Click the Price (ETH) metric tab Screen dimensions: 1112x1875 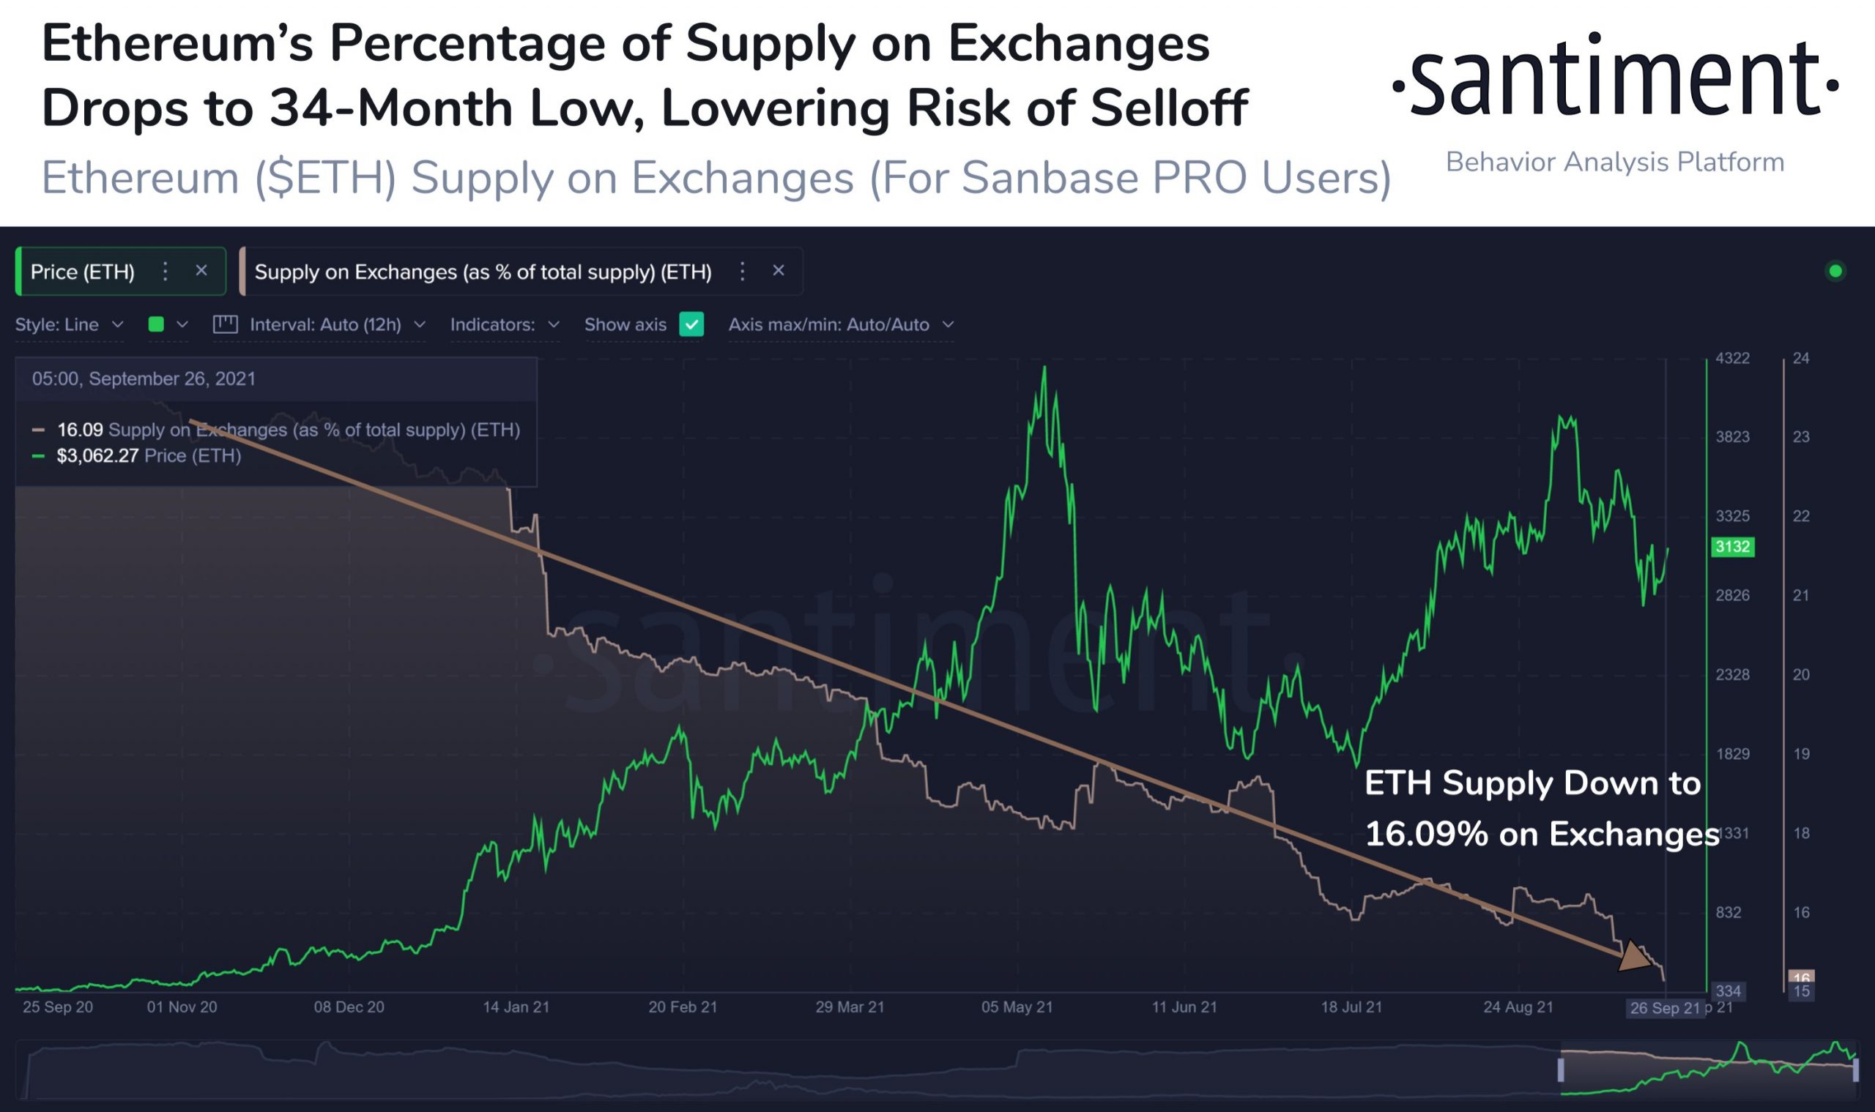tap(83, 272)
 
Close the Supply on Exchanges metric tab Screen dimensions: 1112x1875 tap(778, 271)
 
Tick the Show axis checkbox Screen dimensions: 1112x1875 tap(691, 324)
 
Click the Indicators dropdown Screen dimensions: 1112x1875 tap(505, 324)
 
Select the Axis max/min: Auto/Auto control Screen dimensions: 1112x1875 tap(840, 324)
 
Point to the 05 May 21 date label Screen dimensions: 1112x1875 tap(1017, 1007)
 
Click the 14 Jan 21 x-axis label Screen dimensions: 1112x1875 tap(516, 1007)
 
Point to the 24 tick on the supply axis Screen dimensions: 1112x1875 tap(1801, 358)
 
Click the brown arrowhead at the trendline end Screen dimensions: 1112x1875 tap(1633, 958)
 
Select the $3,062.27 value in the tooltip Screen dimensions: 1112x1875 tap(97, 455)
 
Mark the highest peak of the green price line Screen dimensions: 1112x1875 tap(1044, 367)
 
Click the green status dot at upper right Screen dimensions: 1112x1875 tap(1835, 272)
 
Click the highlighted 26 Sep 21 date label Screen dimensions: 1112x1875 tap(1664, 1008)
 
